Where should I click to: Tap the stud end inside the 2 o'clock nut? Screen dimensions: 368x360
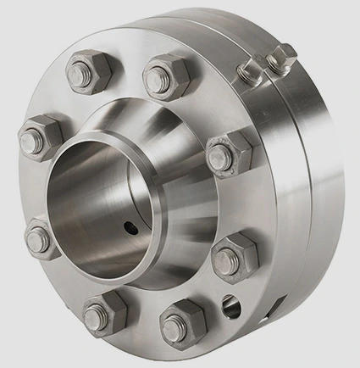click(220, 155)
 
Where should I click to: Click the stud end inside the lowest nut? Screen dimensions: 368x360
click(174, 325)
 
